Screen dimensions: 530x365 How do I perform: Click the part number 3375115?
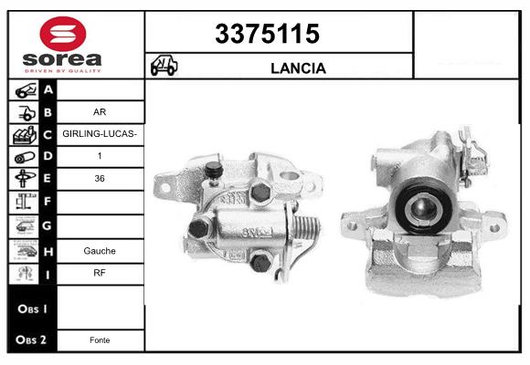tap(267, 34)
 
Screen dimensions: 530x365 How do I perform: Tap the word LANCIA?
tap(298, 68)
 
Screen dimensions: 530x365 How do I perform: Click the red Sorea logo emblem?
tap(63, 34)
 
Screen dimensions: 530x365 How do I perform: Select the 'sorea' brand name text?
tap(62, 59)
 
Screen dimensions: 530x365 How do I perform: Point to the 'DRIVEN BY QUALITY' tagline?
tap(63, 71)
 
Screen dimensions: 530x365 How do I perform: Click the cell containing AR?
tap(100, 112)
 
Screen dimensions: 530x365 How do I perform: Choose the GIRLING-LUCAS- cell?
tap(100, 134)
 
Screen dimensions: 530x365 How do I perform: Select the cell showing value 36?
tap(100, 179)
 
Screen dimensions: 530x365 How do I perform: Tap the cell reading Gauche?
tap(100, 251)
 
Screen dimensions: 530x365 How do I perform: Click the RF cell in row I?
tap(100, 273)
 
